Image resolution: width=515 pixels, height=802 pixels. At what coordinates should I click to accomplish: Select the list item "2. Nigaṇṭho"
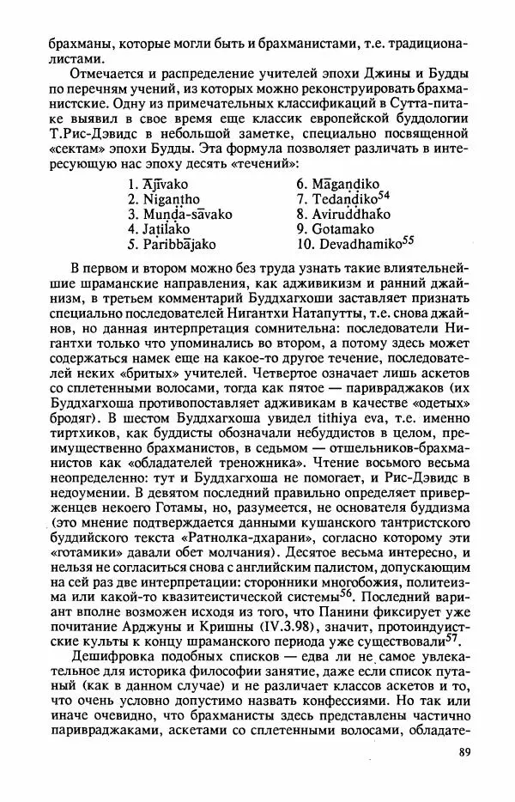[x=164, y=199]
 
